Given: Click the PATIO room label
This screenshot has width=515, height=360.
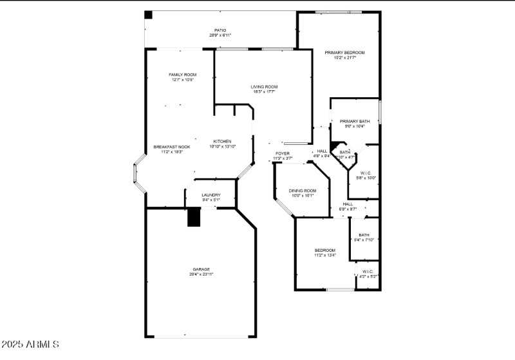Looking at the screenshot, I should coord(220,30).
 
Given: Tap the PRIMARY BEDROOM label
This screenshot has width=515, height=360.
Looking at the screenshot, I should coord(344,52).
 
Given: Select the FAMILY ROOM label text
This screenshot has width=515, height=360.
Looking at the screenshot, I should coord(182,75).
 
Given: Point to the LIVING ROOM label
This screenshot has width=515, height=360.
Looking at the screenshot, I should coord(264,87).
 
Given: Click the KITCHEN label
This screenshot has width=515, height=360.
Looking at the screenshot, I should coord(222,142).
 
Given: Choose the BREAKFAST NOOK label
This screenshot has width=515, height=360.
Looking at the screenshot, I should coord(171,147).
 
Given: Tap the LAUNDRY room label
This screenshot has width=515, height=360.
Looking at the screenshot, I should coord(211,195).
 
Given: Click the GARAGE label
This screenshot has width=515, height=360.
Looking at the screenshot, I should coord(201,269).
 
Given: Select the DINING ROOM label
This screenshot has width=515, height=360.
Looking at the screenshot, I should coord(303,191).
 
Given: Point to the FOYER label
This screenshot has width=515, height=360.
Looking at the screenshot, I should coord(283,153).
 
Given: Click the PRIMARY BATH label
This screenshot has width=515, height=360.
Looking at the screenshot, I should coord(355,121).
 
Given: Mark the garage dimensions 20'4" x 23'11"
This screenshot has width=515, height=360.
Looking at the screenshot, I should coord(201,274).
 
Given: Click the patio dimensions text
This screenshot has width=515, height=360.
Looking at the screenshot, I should coord(220,35).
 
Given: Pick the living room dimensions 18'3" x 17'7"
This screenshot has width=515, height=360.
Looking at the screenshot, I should coord(264,92).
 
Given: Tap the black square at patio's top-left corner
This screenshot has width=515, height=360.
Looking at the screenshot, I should coord(148,14).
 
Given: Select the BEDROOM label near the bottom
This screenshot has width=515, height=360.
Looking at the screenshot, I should coord(324,250).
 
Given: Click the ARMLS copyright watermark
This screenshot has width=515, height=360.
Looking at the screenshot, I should coord(30,345).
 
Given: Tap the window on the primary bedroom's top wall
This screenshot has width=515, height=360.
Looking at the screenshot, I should coord(338,12).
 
